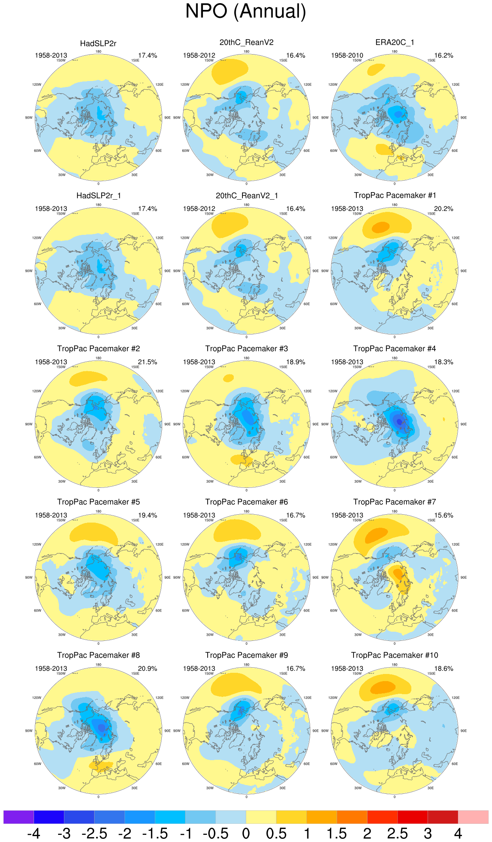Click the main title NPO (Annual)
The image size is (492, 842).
(x=246, y=11)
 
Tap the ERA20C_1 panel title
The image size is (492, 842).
(x=394, y=42)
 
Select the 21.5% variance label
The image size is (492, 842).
(x=148, y=362)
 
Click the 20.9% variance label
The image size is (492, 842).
(x=148, y=668)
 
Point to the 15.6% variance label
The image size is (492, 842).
(x=443, y=515)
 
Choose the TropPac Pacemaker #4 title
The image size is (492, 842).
(x=394, y=349)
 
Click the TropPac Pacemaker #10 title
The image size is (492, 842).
(x=394, y=655)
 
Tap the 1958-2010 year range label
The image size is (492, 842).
(x=347, y=55)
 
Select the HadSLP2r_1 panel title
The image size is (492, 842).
(x=98, y=196)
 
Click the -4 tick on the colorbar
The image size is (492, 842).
(x=34, y=834)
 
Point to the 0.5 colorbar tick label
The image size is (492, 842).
(x=276, y=834)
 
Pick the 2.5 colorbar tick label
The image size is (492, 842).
(x=397, y=834)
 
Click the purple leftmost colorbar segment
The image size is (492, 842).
(x=19, y=817)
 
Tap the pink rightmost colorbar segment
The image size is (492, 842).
(x=473, y=817)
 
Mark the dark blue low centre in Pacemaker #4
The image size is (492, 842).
(x=399, y=422)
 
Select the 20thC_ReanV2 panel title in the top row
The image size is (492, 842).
(x=246, y=42)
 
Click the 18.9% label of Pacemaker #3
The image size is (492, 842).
(x=295, y=362)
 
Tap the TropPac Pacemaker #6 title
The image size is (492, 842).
(x=246, y=502)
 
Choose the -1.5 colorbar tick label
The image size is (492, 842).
(x=155, y=834)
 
